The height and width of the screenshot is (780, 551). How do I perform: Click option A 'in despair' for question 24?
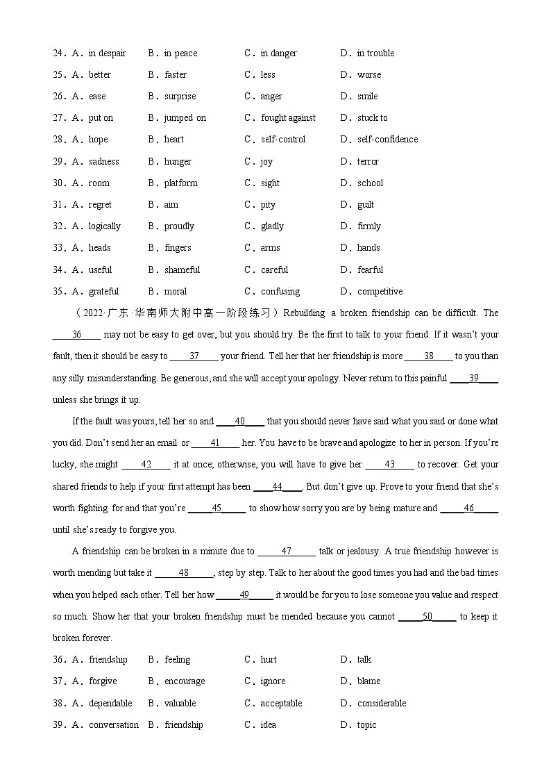click(107, 53)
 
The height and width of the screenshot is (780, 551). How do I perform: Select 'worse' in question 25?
click(368, 75)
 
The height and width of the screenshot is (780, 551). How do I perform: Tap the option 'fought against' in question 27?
click(288, 118)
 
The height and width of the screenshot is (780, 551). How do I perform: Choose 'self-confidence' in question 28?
click(387, 140)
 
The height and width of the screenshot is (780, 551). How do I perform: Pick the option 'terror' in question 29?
click(368, 162)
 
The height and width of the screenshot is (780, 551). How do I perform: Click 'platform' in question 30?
click(180, 183)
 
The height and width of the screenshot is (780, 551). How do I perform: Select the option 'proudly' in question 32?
click(179, 226)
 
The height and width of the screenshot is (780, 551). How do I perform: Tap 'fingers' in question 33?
click(178, 248)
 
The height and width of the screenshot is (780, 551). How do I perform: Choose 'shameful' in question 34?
click(182, 270)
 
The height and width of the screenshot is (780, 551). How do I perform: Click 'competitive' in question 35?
click(380, 292)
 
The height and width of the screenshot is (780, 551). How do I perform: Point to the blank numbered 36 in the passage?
click(76, 335)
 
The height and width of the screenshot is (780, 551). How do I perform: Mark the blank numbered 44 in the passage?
click(277, 487)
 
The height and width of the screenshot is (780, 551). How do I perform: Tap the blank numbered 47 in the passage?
click(286, 551)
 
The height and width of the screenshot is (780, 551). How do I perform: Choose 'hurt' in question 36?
click(269, 660)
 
